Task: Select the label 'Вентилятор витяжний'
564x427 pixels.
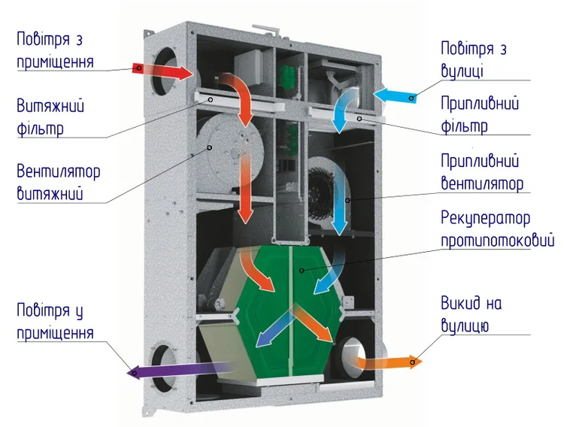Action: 57,181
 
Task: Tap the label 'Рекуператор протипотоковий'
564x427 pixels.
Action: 496,229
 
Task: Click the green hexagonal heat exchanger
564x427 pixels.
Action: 290,316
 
